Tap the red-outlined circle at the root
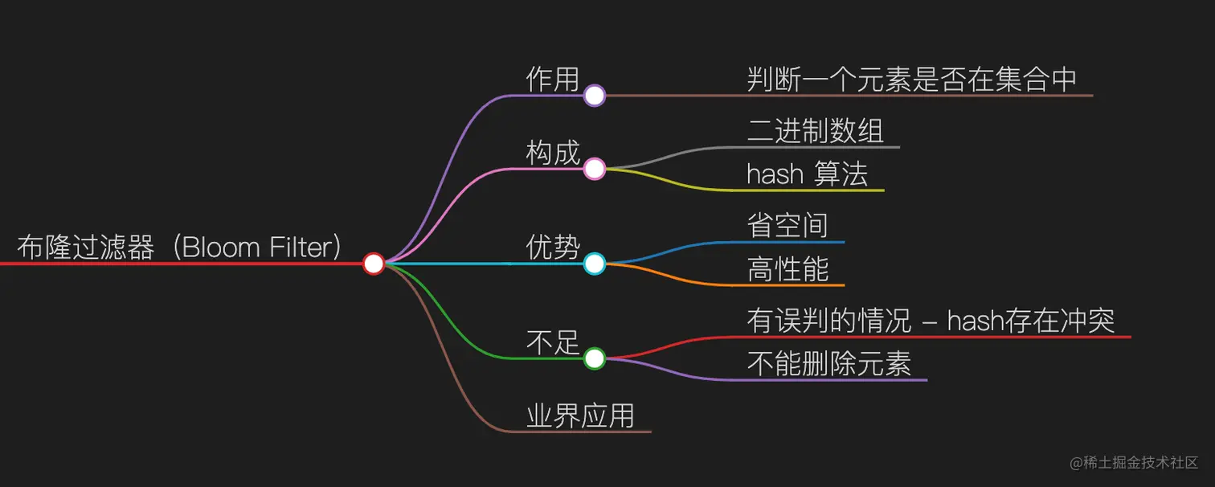374,263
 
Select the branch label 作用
552,79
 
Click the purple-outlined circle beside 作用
594,96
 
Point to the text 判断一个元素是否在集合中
911,79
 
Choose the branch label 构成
552,153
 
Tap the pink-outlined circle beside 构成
594,169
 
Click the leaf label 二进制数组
815,131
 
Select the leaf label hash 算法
807,174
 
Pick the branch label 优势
552,247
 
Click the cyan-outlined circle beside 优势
594,263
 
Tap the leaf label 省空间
787,226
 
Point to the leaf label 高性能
787,269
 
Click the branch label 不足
552,342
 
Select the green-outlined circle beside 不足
594,358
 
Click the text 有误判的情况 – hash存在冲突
931,321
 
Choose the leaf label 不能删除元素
828,364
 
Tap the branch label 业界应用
580,415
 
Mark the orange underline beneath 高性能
796,285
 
